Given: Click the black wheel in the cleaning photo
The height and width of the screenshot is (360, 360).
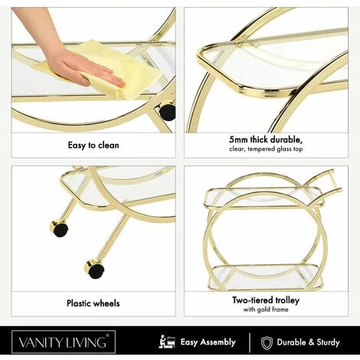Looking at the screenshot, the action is click(167, 112).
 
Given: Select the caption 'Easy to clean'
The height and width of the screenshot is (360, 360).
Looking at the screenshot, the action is click(93, 146).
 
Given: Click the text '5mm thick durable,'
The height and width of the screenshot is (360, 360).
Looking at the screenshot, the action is click(266, 139).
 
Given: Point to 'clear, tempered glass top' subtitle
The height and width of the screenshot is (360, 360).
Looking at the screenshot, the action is click(266, 149).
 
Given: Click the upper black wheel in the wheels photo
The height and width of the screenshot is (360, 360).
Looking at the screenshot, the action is click(59, 228).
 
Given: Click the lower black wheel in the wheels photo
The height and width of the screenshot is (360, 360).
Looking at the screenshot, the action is click(95, 269).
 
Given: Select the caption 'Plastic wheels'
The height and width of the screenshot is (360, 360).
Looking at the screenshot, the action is click(93, 303).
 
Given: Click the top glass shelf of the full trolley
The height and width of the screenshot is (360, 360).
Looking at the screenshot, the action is click(264, 197).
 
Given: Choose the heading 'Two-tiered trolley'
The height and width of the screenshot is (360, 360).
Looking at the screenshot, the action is click(266, 300).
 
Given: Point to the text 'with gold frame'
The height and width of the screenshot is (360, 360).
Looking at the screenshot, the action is click(266, 309).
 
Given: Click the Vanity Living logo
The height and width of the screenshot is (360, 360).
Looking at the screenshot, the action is click(64, 342).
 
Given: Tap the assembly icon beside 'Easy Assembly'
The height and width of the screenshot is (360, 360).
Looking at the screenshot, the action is click(167, 342).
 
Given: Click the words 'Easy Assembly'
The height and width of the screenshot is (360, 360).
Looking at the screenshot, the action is click(208, 342).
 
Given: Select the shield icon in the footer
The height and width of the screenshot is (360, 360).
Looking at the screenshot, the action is click(267, 342).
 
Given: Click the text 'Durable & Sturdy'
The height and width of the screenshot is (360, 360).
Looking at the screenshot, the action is click(309, 342).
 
